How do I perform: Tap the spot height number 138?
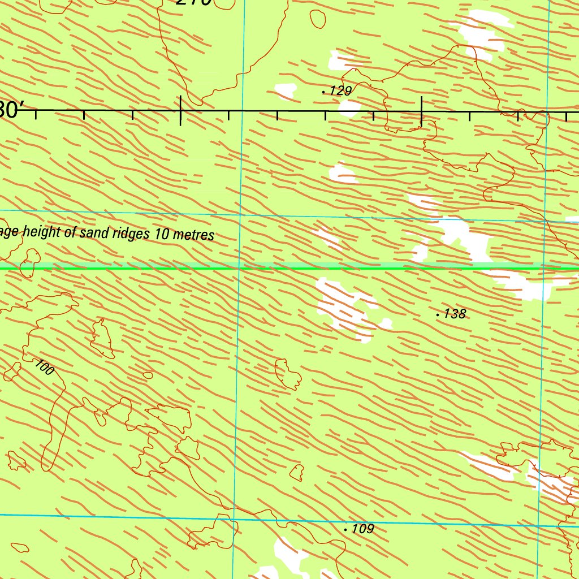(455, 313)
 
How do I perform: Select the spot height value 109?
(362, 529)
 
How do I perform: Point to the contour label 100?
(44, 367)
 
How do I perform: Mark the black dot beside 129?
(323, 91)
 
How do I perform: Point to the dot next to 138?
(438, 314)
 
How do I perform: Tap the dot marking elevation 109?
(345, 530)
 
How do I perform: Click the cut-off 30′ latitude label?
(10, 110)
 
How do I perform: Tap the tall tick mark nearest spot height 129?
(421, 111)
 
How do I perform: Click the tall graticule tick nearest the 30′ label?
(180, 110)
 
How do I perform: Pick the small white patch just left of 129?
(285, 90)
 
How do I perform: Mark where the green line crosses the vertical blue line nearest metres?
(240, 268)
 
